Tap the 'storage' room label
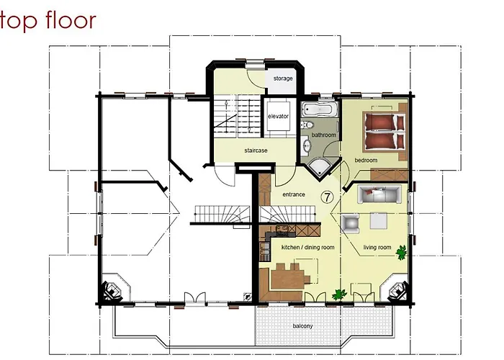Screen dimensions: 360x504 click(x=283, y=78)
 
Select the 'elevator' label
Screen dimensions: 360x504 click(x=278, y=115)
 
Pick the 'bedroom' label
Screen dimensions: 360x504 click(x=366, y=160)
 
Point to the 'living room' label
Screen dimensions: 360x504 click(x=376, y=248)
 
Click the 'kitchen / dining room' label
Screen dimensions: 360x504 click(x=307, y=248)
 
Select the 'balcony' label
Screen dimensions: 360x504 click(x=302, y=326)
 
